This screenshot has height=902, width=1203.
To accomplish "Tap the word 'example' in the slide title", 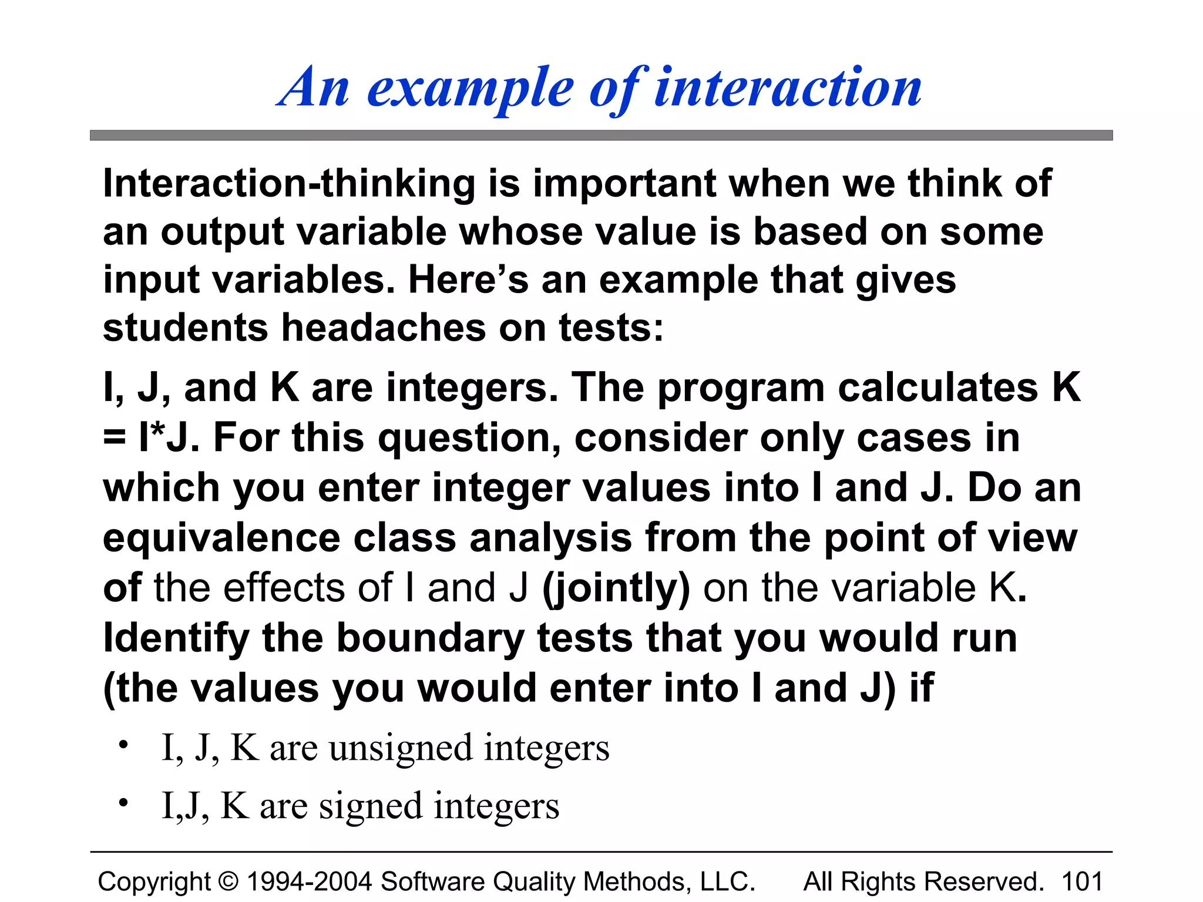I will [470, 89].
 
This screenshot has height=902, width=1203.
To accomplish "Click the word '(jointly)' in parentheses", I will [616, 588].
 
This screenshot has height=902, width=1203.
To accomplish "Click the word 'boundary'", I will [430, 638].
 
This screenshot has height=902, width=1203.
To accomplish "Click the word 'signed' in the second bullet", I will [371, 806].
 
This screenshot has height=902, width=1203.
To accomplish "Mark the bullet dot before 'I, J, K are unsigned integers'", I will [123, 745].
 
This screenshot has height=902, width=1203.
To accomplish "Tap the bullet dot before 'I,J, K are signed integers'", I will [123, 803].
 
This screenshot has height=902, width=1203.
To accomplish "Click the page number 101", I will [1082, 881].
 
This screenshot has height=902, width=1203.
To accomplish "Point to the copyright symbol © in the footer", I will [228, 882].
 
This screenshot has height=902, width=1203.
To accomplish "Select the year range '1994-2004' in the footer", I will [310, 881].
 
